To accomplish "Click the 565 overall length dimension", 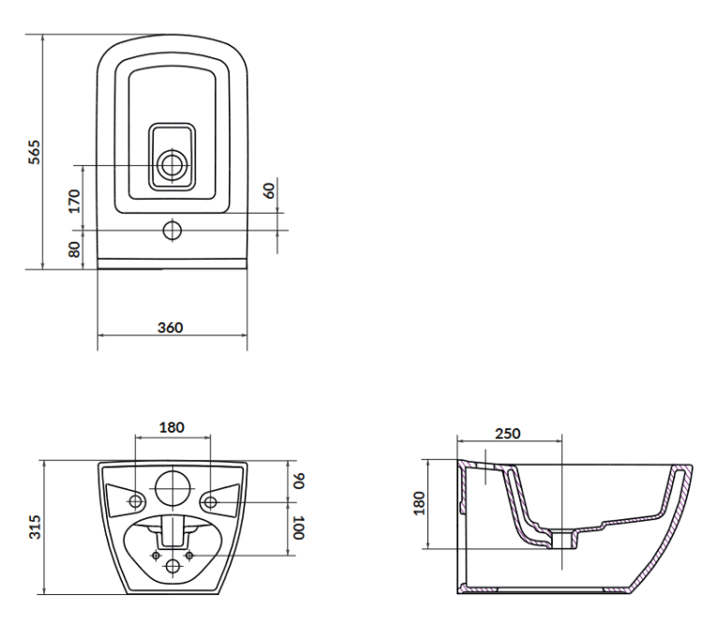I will click(34, 152).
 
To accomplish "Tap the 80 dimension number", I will click(74, 249).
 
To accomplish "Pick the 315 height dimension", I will click(34, 527).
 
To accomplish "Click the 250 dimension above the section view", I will click(508, 433).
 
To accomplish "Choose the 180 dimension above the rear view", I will click(172, 427).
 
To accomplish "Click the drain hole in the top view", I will click(172, 166).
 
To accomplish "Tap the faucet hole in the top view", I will click(172, 230).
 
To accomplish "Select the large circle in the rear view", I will click(172, 486).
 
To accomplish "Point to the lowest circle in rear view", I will click(172, 567).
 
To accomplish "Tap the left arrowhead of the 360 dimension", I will click(101, 335).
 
